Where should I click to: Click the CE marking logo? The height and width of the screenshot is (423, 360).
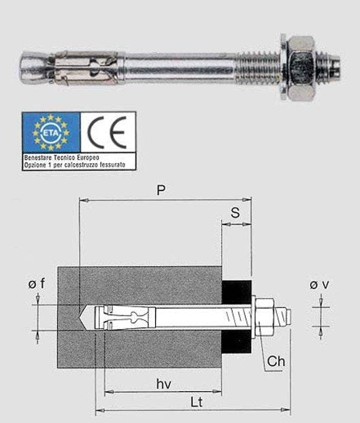tap(108, 132)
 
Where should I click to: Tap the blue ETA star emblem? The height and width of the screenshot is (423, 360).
tap(51, 132)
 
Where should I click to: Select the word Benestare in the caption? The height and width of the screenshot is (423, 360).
tap(36, 156)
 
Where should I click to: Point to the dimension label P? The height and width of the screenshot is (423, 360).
tap(161, 190)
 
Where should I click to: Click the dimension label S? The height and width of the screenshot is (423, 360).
tap(235, 213)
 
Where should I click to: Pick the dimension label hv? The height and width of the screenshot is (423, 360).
tap(163, 384)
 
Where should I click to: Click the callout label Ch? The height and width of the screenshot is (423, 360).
tap(276, 360)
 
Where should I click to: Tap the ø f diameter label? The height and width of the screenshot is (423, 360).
tap(37, 285)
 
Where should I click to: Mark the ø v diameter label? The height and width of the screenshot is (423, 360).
tap(319, 285)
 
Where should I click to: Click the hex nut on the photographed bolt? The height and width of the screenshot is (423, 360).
tap(299, 67)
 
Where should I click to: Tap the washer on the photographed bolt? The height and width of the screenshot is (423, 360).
tap(281, 67)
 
